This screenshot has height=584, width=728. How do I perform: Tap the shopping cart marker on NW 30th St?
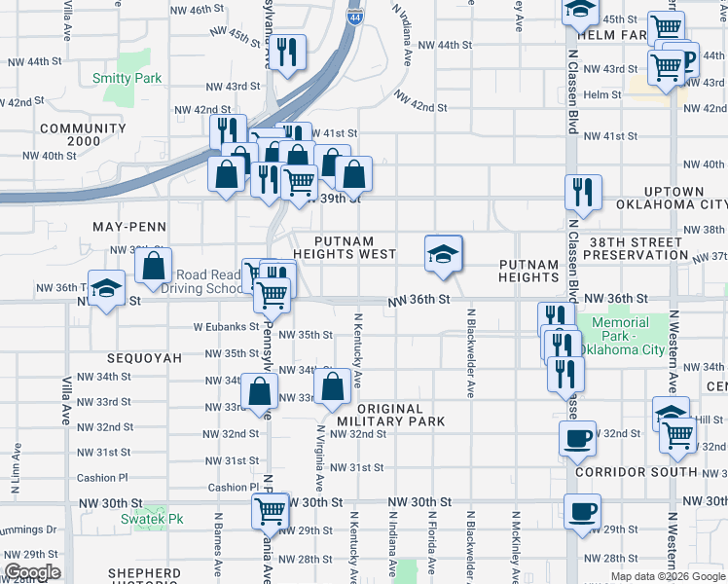point(270,509)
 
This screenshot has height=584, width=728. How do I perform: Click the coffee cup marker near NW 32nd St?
point(577,437)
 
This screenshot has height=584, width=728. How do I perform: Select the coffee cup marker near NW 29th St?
point(582,510)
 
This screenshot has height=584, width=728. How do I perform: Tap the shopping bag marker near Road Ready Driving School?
point(154,266)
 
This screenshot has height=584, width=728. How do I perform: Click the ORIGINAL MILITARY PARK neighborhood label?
point(389,415)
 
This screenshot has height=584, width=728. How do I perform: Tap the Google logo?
point(32,572)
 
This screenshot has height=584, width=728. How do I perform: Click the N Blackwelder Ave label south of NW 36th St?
point(470,353)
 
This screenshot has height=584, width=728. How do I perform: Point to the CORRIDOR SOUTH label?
point(637,472)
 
